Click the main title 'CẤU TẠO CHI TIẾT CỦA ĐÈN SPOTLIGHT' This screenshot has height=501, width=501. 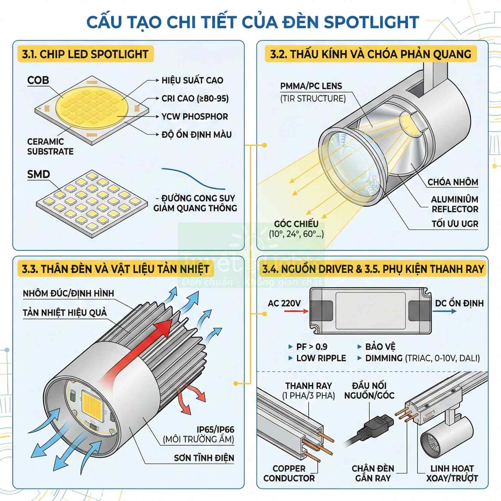point(253,22)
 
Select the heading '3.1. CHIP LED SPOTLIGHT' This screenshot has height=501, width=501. point(85,54)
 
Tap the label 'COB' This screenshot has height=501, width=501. point(38,80)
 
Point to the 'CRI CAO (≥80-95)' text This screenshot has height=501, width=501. point(195,98)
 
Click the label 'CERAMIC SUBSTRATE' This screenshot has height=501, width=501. point(50,146)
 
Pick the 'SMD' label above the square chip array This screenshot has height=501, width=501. point(38,174)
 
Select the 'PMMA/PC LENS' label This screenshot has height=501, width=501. point(311,86)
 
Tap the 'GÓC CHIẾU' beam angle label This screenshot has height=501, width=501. point(296,224)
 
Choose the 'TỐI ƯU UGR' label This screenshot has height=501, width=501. point(455,224)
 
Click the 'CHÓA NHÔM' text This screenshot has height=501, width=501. point(453,182)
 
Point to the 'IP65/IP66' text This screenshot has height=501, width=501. point(215,429)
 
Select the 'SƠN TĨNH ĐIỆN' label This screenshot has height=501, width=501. point(204,458)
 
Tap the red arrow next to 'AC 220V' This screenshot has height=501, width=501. point(296,311)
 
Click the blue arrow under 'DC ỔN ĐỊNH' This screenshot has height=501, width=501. point(444,311)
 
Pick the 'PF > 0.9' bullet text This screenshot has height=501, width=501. point(312,347)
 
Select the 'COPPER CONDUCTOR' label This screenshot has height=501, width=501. point(289,473)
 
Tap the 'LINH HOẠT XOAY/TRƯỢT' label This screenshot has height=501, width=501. point(452,473)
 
